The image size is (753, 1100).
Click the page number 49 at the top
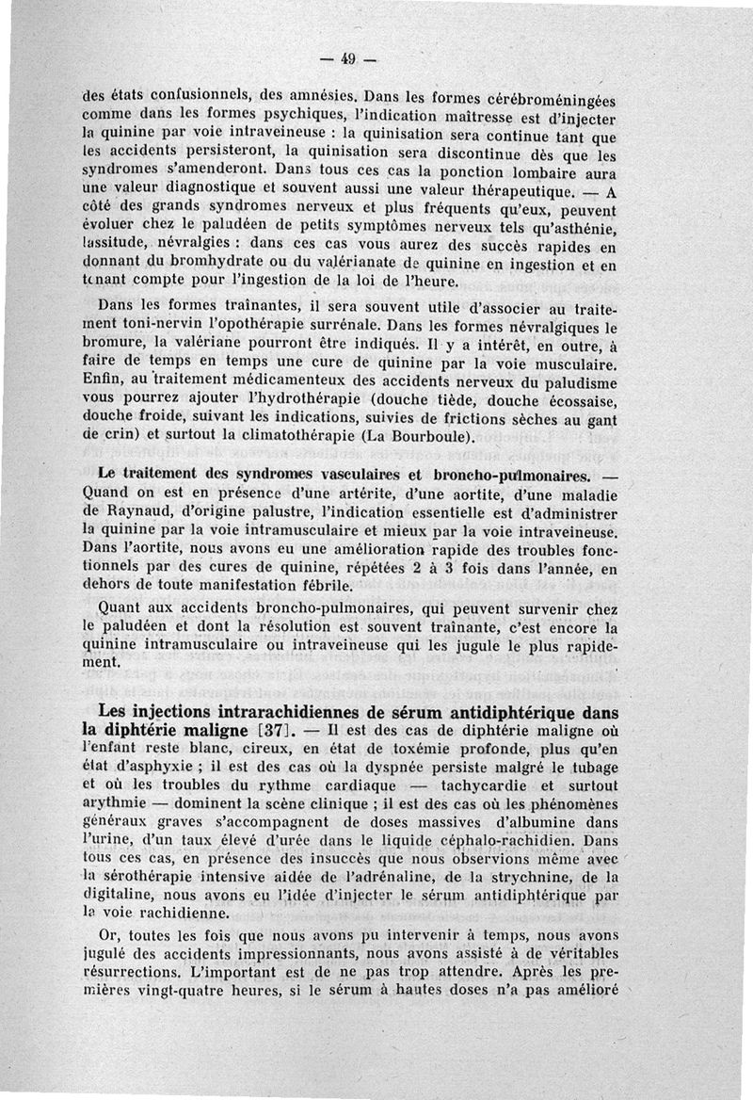(x=346, y=59)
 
